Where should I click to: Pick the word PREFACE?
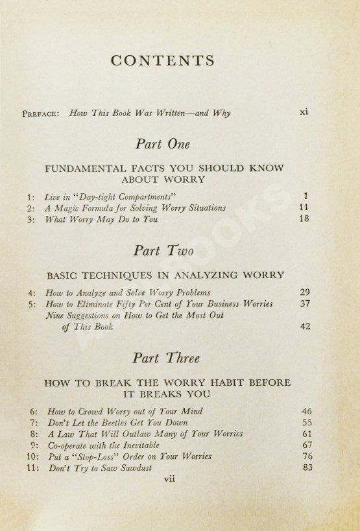[41, 113]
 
